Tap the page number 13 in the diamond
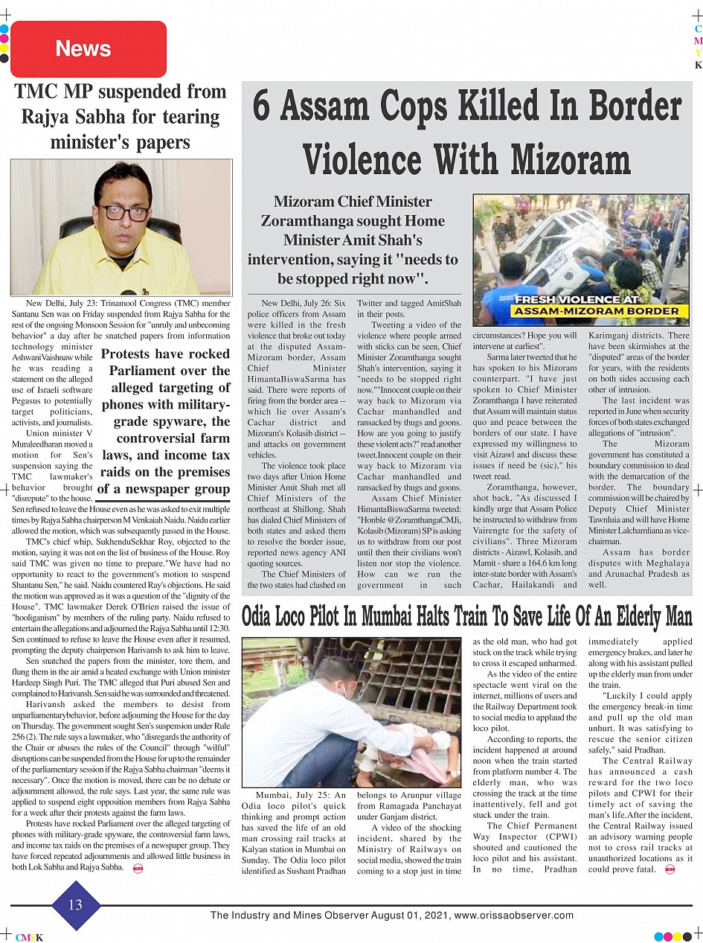coord(76,905)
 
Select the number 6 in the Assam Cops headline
coord(261,106)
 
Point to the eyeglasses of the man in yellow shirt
coord(123,212)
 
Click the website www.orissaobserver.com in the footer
coord(513,915)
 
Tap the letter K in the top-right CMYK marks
coord(698,65)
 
